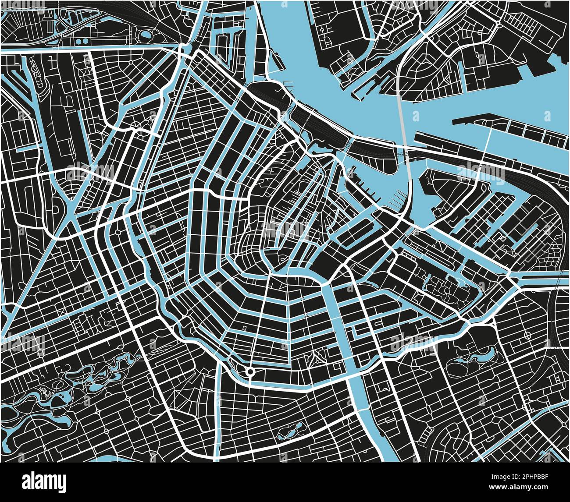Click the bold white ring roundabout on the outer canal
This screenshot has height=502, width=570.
(x=250, y=372)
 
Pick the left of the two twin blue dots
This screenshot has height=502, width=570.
(x=79, y=41)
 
